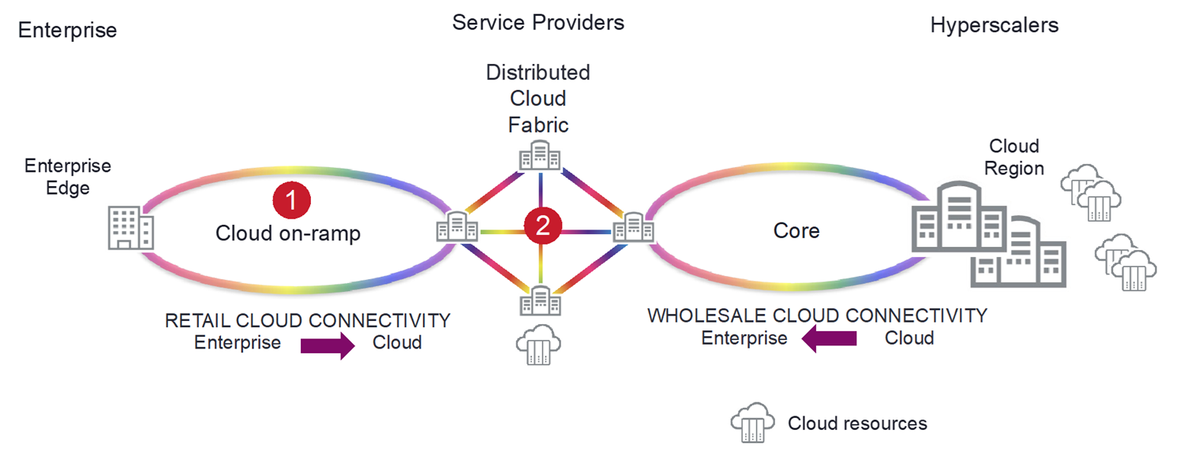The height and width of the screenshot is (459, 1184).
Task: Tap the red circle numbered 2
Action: [542, 226]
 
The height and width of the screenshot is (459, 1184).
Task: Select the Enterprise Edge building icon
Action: [130, 228]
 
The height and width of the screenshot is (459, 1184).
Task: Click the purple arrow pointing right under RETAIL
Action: [328, 345]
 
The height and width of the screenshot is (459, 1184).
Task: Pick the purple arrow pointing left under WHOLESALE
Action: [830, 339]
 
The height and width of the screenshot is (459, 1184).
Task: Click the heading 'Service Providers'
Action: [538, 22]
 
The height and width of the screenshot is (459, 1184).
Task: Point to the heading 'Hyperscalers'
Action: [994, 25]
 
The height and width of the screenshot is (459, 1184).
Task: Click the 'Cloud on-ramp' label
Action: [288, 233]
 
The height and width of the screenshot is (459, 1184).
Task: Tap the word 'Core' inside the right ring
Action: [796, 231]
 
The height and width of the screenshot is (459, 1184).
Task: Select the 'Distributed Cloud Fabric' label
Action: [538, 99]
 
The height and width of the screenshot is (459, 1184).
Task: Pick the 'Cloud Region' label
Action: [1015, 157]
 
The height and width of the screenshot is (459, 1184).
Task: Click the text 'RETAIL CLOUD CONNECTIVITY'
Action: [307, 321]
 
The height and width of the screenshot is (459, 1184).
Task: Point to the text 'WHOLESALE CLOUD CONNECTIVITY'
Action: [817, 316]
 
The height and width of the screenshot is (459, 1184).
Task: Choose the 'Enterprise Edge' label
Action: [68, 177]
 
